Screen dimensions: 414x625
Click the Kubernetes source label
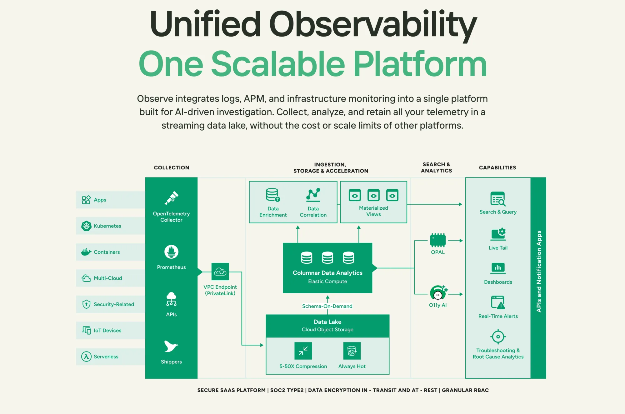pyautogui.click(x=107, y=226)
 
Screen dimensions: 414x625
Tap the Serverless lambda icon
pyautogui.click(x=86, y=357)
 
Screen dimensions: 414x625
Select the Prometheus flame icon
pyautogui.click(x=171, y=252)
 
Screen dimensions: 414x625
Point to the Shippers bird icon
pyautogui.click(x=171, y=346)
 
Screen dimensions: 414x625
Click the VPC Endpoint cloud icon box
pyautogui.click(x=220, y=272)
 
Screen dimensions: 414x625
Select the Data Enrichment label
pyautogui.click(x=273, y=212)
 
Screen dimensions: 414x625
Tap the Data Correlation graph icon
pyautogui.click(x=313, y=194)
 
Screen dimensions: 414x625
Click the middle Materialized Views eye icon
pyautogui.click(x=373, y=195)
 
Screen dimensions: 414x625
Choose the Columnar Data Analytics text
pyautogui.click(x=327, y=273)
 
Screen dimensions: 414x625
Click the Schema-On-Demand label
pyautogui.click(x=327, y=306)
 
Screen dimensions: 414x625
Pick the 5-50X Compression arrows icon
pyautogui.click(x=303, y=351)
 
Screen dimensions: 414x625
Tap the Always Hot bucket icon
pyautogui.click(x=352, y=351)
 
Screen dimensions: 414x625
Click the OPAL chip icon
pyautogui.click(x=437, y=240)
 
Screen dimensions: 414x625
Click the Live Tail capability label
pyautogui.click(x=498, y=248)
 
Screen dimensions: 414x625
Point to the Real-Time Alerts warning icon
pyautogui.click(x=498, y=302)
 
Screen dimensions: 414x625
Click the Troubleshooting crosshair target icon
pyautogui.click(x=498, y=337)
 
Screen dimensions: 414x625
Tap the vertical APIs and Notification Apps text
pyautogui.click(x=539, y=271)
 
